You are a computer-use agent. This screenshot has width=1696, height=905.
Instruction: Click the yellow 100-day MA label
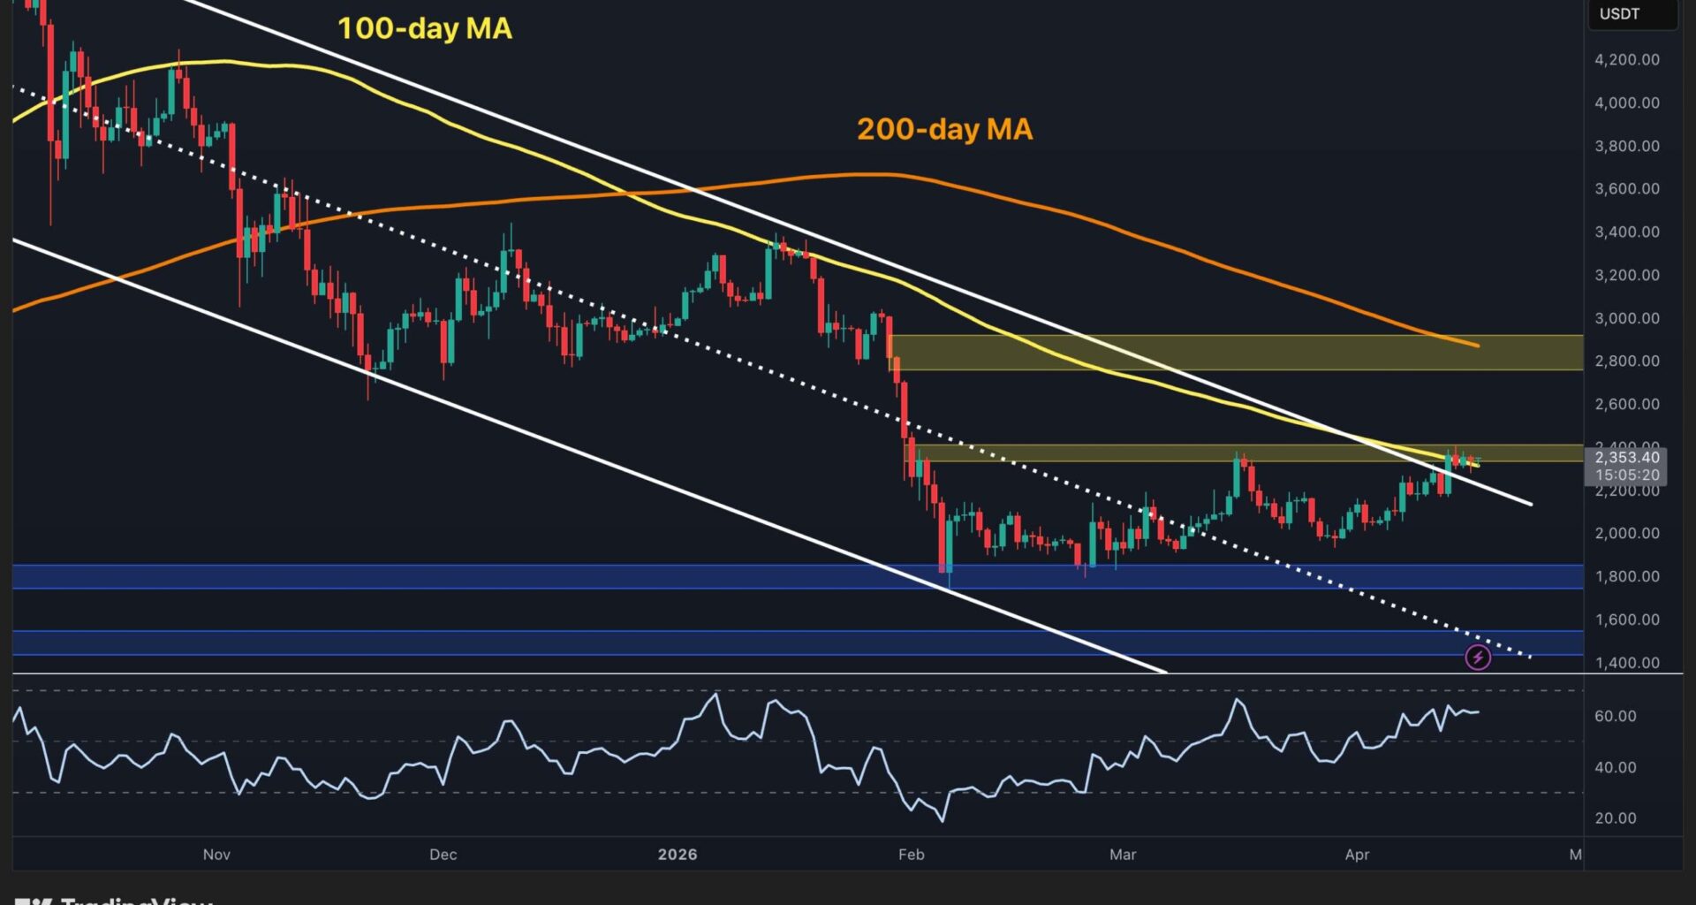(x=424, y=28)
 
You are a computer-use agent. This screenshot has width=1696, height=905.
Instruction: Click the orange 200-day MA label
(x=944, y=129)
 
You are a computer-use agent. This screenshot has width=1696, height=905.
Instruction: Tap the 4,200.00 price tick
(x=1626, y=59)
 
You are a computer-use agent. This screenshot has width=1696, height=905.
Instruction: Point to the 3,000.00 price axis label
(x=1626, y=318)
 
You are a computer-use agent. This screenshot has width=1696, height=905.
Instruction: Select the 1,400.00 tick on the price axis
(x=1626, y=663)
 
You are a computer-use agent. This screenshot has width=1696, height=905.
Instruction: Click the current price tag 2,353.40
(x=1627, y=458)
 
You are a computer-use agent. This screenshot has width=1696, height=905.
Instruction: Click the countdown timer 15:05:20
(x=1627, y=475)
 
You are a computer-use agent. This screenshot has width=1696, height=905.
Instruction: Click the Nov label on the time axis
(x=216, y=855)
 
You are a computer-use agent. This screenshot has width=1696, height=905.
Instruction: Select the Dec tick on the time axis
(x=443, y=855)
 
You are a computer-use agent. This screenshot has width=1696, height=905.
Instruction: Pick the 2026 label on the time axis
(x=678, y=855)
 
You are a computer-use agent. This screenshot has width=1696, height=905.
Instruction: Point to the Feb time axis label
(x=911, y=855)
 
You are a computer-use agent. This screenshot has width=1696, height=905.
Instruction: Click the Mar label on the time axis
(x=1123, y=855)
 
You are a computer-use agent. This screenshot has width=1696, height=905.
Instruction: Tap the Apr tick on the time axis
(x=1357, y=855)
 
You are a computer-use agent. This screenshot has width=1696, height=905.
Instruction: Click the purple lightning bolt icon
(x=1478, y=657)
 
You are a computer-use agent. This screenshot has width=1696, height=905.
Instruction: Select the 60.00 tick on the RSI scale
(x=1615, y=716)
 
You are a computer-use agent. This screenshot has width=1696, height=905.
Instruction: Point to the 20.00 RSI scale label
(x=1615, y=818)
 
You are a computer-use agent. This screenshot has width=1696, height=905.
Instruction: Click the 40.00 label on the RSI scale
(x=1615, y=767)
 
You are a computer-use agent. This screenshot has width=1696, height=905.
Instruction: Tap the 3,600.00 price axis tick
(x=1626, y=188)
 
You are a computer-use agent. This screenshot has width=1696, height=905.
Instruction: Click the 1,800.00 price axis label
(x=1626, y=576)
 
